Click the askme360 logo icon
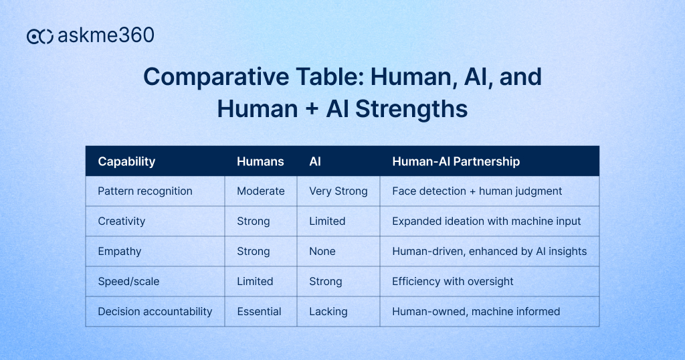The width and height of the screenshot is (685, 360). [40, 36]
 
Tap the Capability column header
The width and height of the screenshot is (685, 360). [126, 161]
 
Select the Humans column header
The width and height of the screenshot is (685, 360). [260, 161]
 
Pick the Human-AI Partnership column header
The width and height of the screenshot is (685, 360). [456, 161]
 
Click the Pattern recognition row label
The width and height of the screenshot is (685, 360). [145, 191]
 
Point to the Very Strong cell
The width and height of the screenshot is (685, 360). [338, 191]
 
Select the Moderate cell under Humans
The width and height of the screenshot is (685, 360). [260, 191]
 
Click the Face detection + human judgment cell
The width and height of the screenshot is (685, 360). [477, 191]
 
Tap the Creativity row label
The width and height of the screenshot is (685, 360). [121, 221]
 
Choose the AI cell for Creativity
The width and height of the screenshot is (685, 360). [327, 221]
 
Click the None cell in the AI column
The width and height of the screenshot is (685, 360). [322, 252]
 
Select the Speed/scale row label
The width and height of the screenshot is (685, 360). [128, 282]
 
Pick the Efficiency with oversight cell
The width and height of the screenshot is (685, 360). [453, 282]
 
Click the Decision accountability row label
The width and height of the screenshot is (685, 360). [155, 312]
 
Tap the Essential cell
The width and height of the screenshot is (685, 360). [259, 312]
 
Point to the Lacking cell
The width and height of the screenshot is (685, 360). [328, 312]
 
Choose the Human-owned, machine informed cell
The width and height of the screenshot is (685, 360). [476, 312]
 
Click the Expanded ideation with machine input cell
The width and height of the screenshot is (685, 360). [486, 221]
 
